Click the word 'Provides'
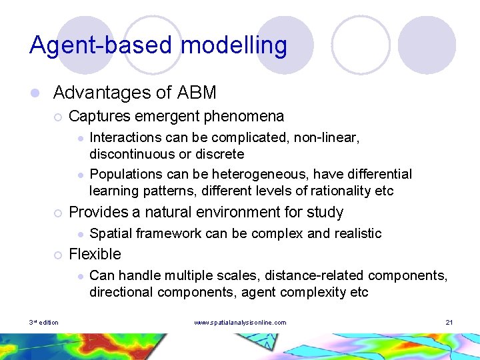coord(98,213)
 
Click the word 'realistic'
coord(357,233)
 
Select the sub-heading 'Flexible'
coord(95,254)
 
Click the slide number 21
coord(449,323)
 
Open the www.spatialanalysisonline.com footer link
coord(240,323)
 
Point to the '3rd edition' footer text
coord(43,323)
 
